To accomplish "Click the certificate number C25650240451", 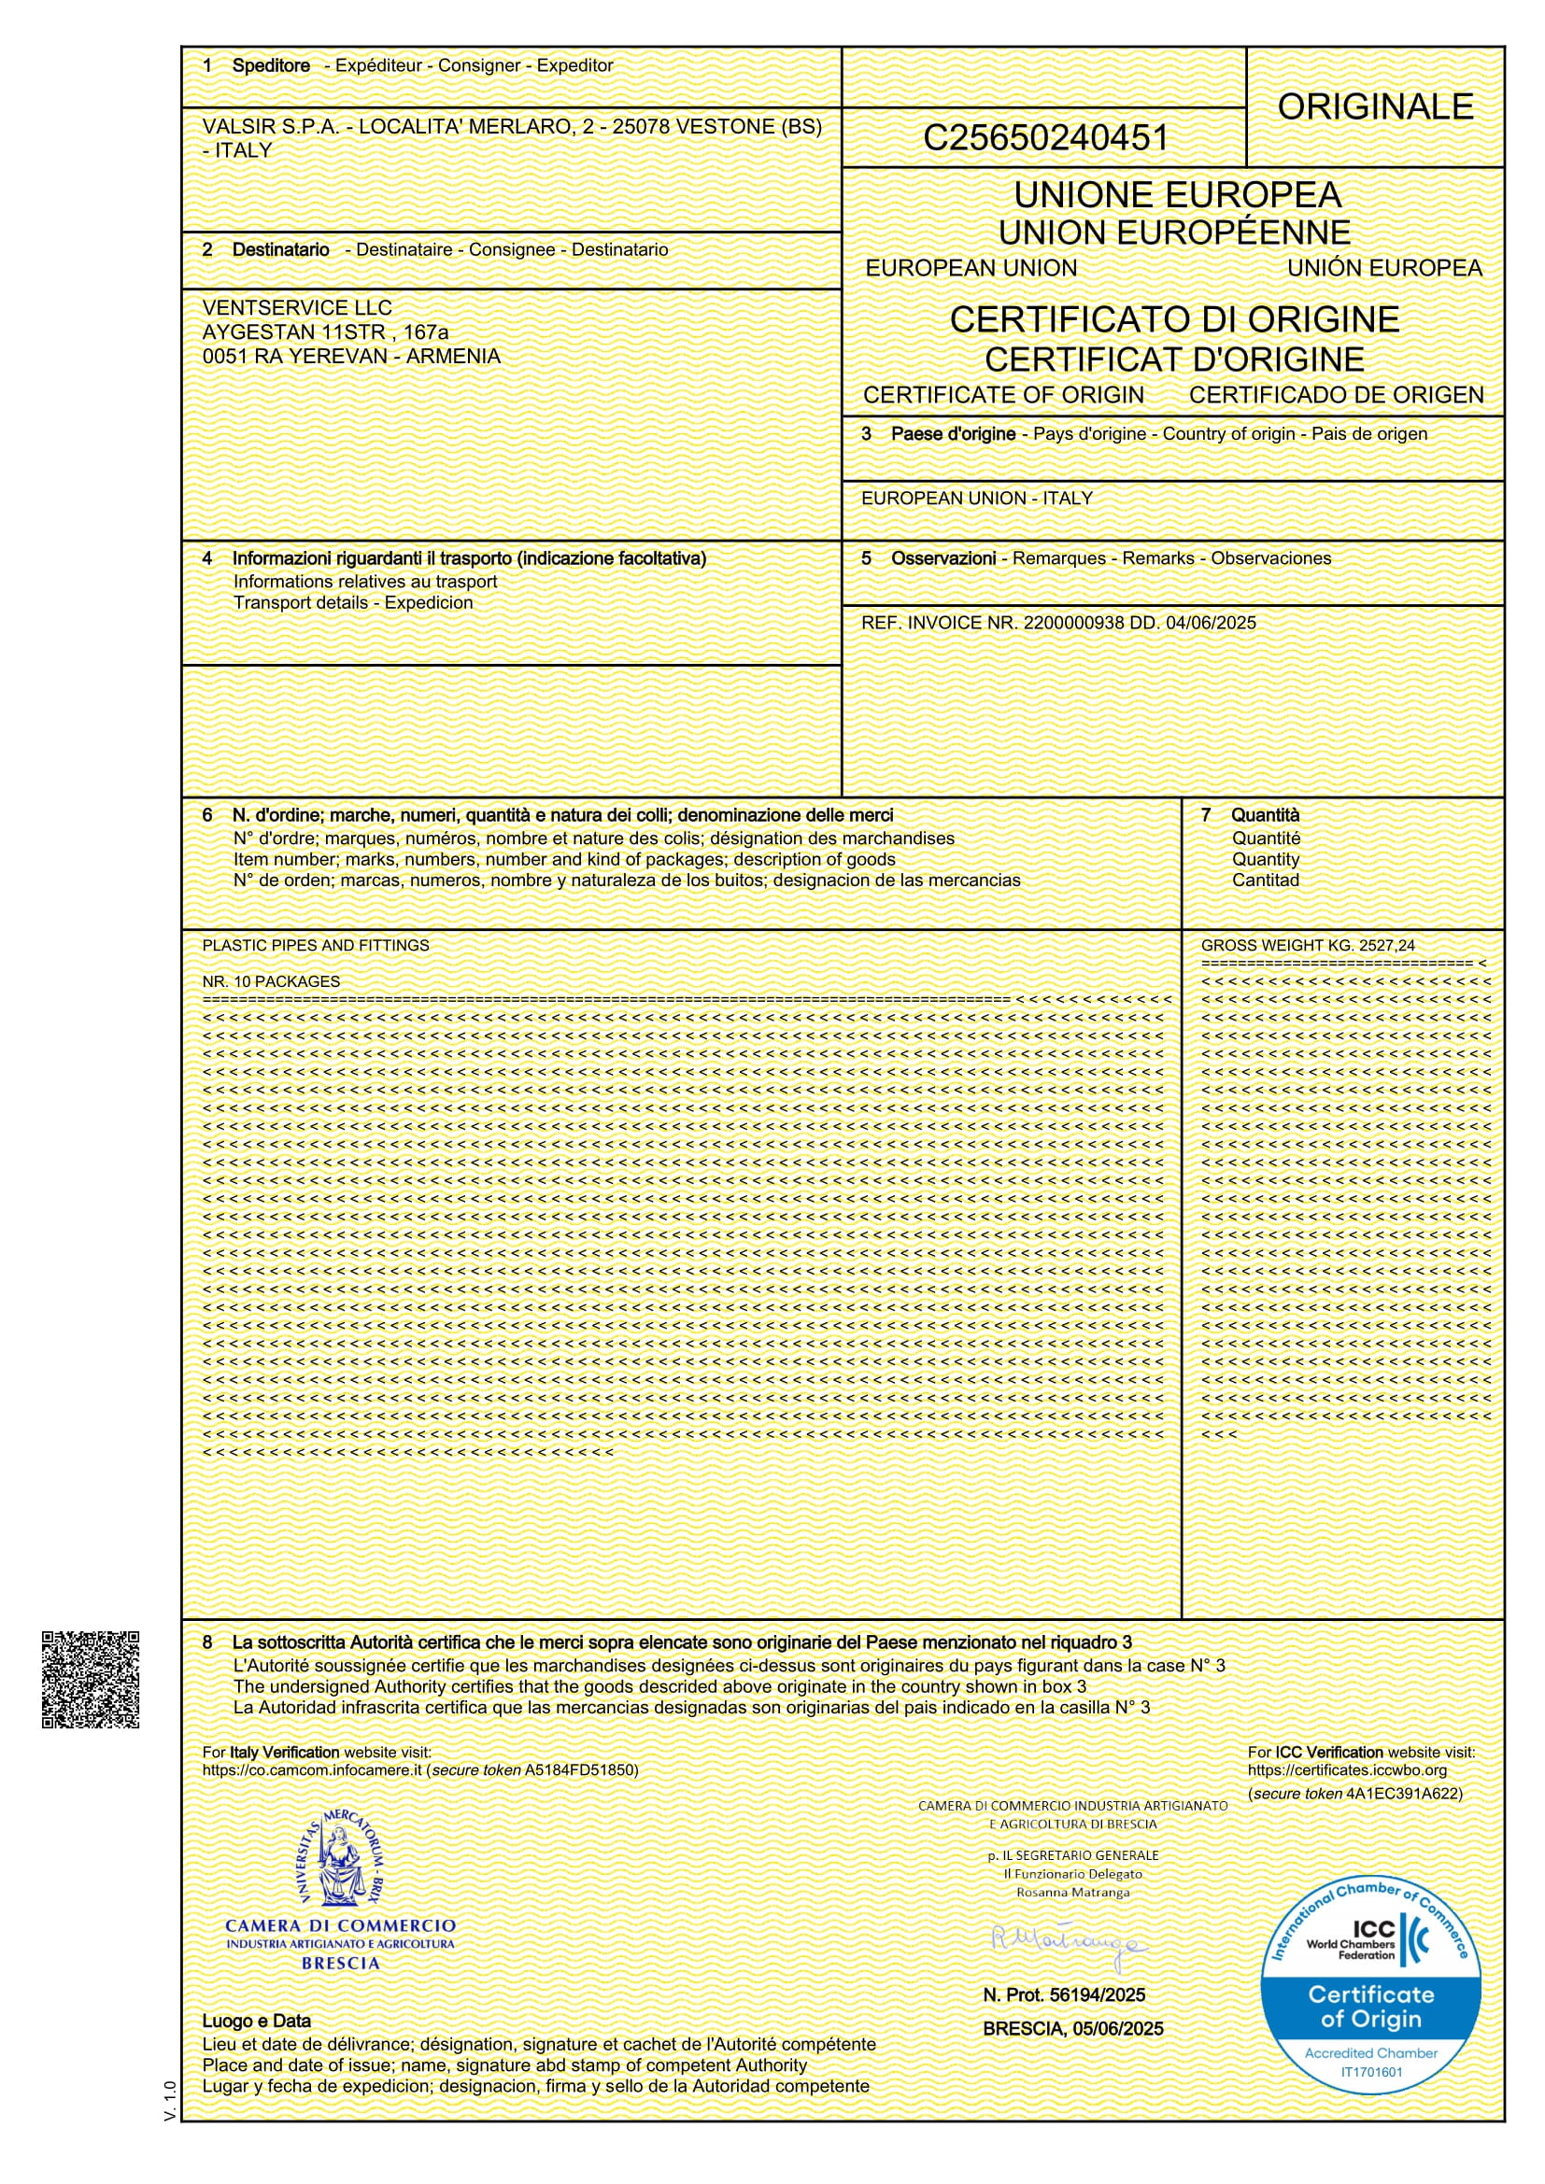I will [1044, 139].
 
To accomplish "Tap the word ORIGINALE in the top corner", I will [1375, 107].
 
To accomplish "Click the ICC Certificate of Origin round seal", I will [1370, 1986].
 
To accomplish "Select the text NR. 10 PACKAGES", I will [271, 981].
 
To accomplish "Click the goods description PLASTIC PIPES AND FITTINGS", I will [316, 946].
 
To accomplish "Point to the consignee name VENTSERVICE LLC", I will [297, 308].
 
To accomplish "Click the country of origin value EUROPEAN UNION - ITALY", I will [976, 499].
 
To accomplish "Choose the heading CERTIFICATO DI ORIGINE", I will [1174, 319].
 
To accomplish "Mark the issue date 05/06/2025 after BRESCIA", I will [1118, 2029].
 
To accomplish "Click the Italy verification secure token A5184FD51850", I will [580, 1770].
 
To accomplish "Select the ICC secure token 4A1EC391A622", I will [1403, 1794].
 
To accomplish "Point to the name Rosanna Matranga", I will [1072, 1893].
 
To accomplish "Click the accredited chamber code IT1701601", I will [1371, 2072].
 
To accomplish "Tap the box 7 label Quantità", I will [1265, 815].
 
